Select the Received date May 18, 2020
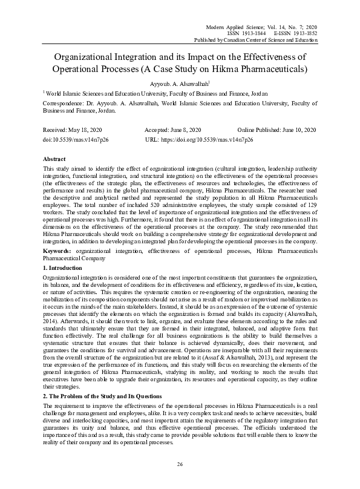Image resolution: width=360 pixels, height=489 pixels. [x=80, y=130]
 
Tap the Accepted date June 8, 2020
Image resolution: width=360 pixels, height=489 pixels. [x=186, y=130]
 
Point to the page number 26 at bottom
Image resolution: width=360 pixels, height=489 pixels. [x=180, y=464]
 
